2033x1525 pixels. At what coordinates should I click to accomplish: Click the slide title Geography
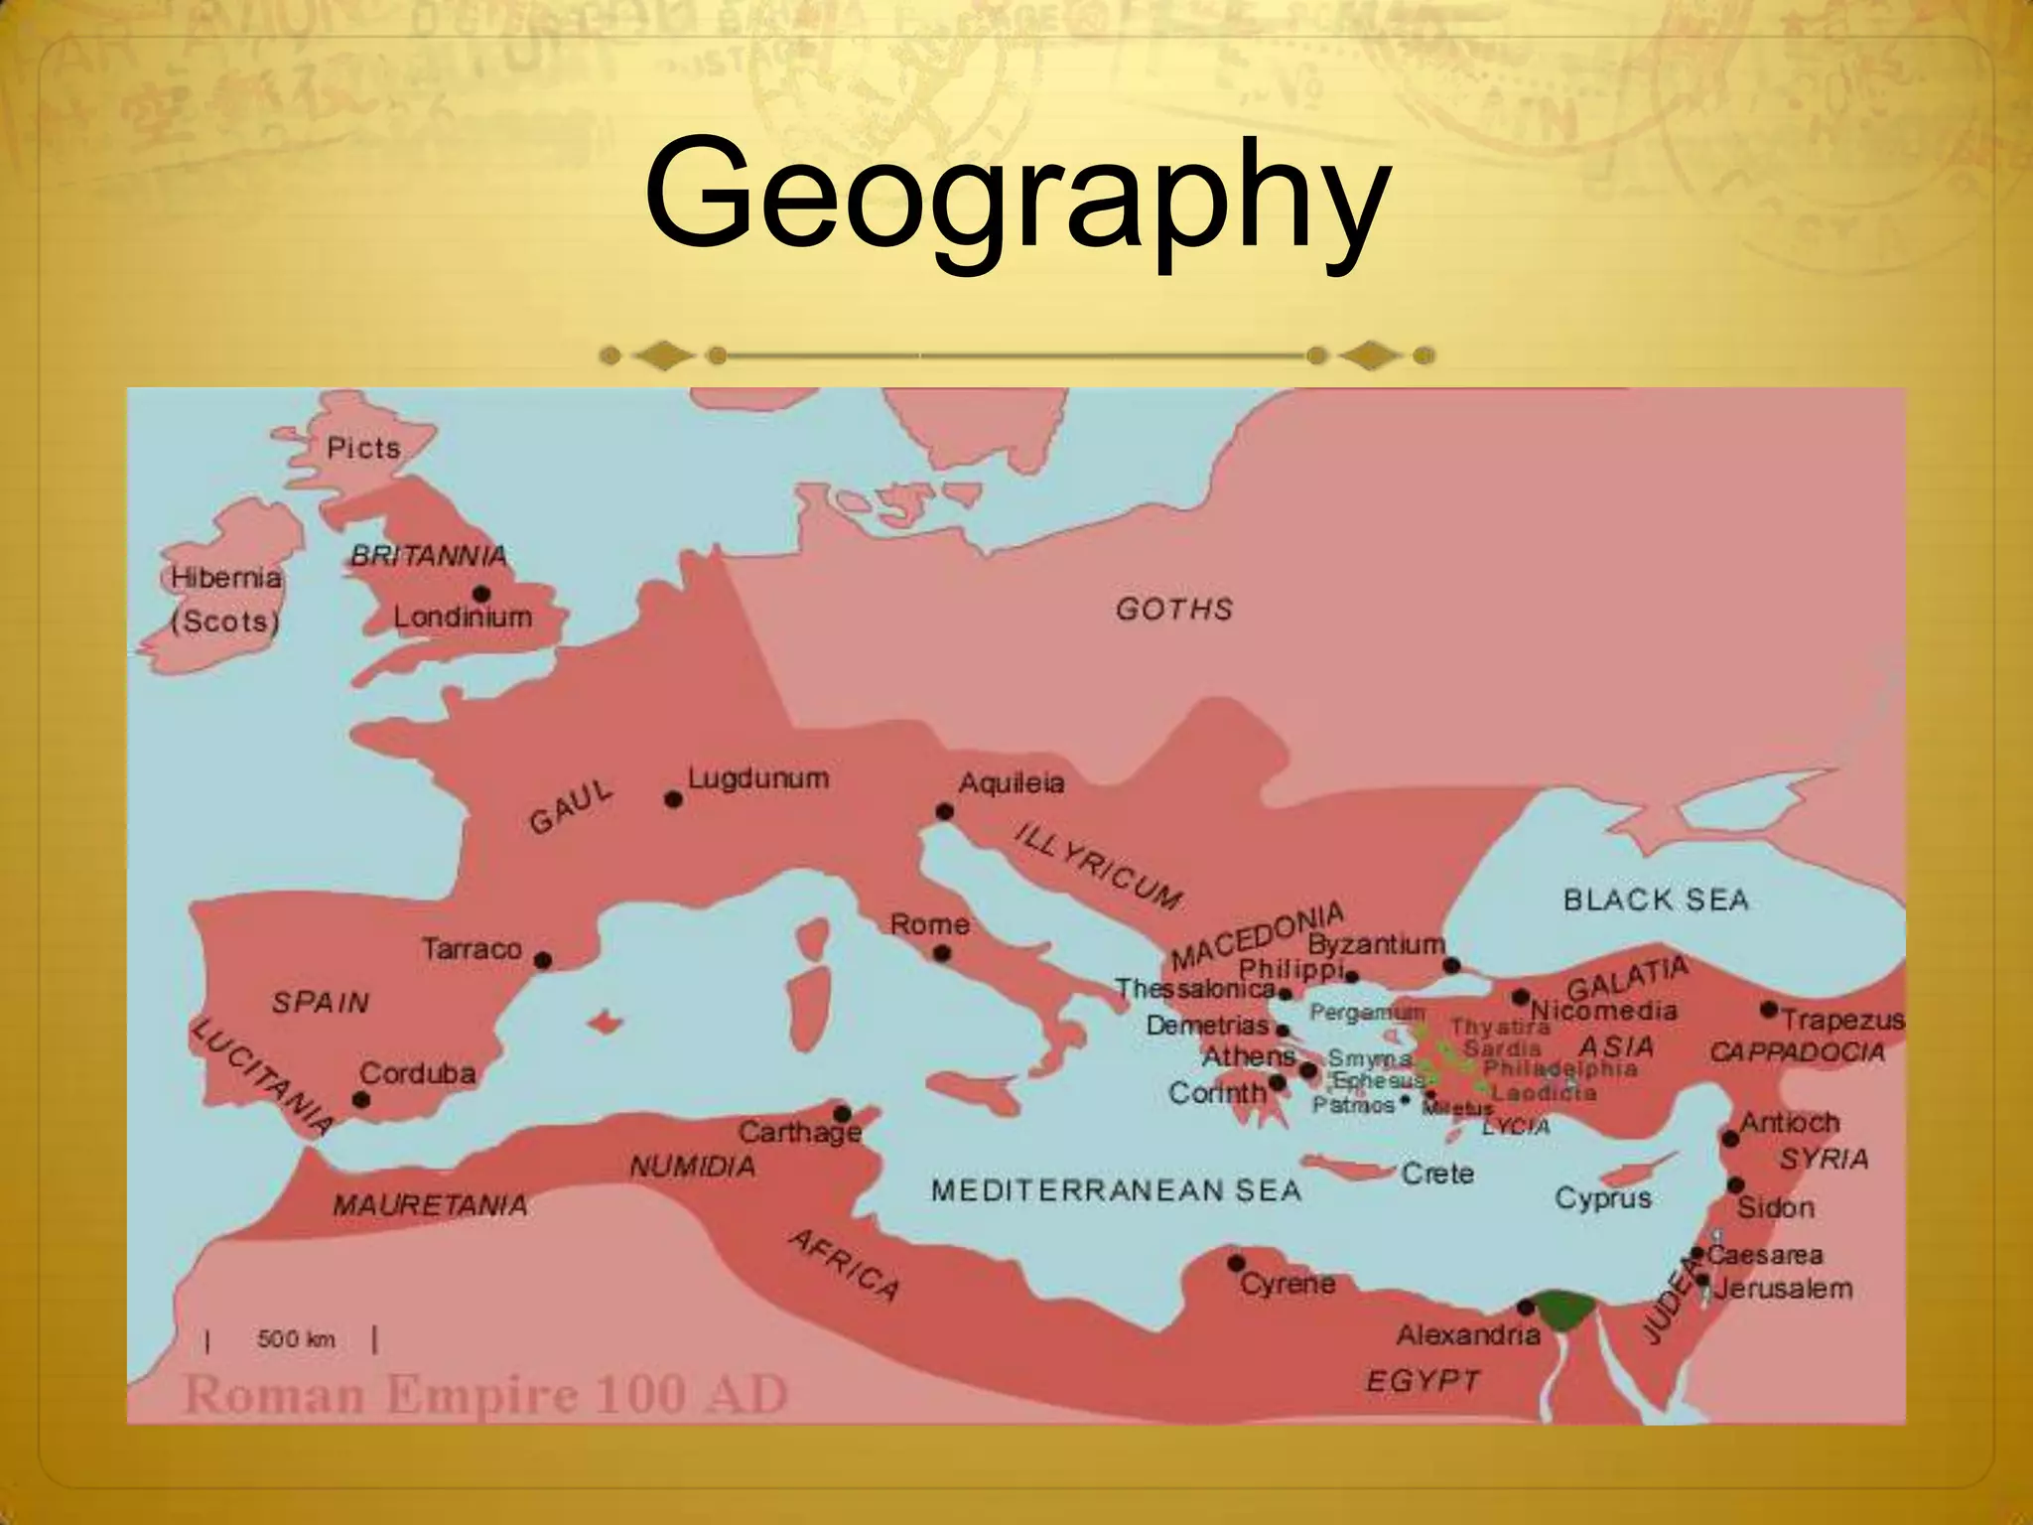(x=1015, y=197)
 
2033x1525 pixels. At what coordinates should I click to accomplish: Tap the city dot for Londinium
(x=481, y=594)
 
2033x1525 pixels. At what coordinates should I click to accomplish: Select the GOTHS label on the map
(x=1173, y=609)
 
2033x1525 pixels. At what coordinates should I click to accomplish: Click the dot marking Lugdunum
(x=673, y=799)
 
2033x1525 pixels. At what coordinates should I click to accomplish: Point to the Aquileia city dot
(x=945, y=812)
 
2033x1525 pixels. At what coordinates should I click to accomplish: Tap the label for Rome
(x=929, y=924)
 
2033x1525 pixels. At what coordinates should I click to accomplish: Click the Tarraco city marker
(x=542, y=960)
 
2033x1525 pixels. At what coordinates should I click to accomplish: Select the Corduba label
(x=417, y=1073)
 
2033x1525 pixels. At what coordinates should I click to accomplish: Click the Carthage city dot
(x=842, y=1114)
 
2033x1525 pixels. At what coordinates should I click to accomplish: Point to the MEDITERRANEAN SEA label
(x=1116, y=1190)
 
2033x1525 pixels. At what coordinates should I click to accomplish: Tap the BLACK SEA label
(x=1656, y=900)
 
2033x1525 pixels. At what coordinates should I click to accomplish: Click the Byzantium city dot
(x=1451, y=965)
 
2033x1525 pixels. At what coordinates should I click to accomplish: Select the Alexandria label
(x=1468, y=1335)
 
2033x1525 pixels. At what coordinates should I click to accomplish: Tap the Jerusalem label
(x=1783, y=1289)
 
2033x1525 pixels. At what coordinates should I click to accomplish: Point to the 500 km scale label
(x=296, y=1339)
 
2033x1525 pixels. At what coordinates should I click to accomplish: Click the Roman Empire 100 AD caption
(x=485, y=1395)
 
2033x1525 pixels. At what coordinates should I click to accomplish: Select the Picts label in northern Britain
(x=363, y=448)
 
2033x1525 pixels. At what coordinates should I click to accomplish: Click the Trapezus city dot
(x=1768, y=1010)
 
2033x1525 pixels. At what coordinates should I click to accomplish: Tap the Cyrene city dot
(x=1236, y=1263)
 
